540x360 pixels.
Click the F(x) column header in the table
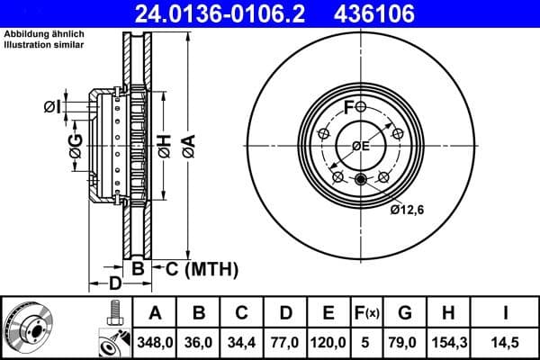[367, 313]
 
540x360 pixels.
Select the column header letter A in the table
[155, 313]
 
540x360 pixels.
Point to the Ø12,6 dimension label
[408, 210]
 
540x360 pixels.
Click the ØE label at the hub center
[361, 146]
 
